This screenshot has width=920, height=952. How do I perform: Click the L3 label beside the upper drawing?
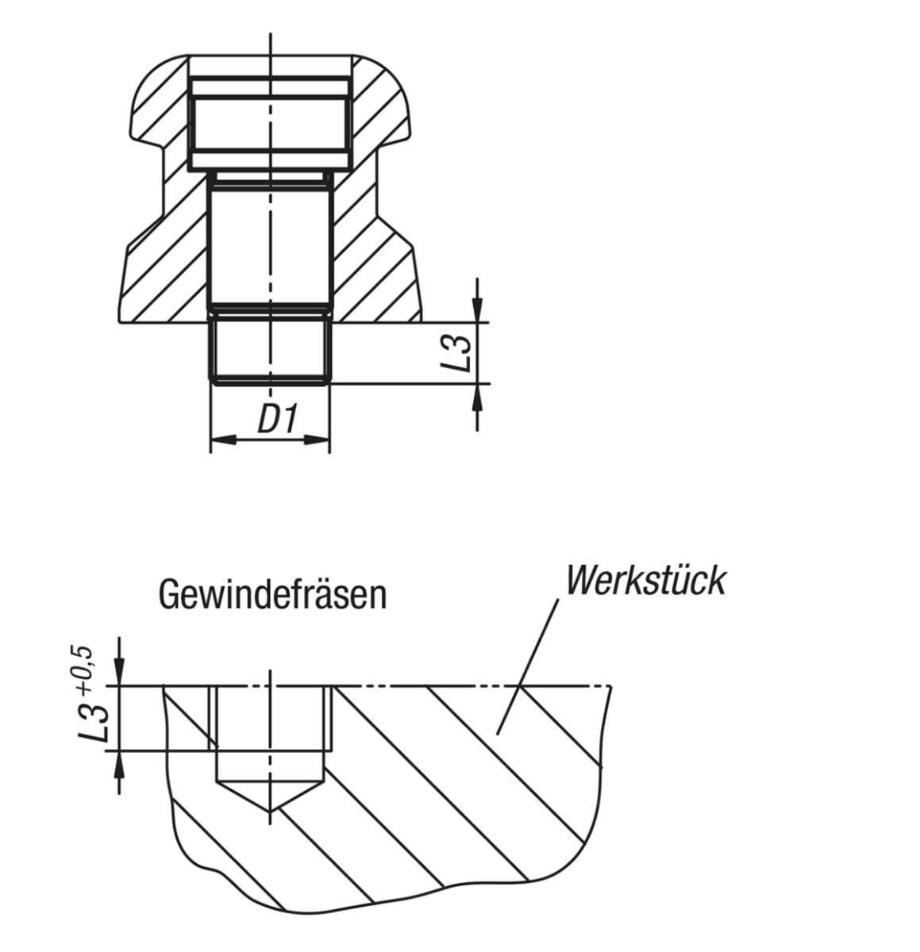tap(458, 353)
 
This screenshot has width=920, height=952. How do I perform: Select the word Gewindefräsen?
tap(273, 594)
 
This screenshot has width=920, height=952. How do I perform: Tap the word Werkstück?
tap(645, 581)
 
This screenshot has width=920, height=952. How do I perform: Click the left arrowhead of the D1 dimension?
tap(220, 438)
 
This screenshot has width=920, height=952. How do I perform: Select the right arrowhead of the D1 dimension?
tap(319, 438)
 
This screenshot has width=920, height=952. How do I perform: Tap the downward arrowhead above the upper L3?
tap(476, 313)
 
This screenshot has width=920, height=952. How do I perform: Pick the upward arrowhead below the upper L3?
tap(476, 394)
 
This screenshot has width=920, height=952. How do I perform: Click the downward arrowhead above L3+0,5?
tap(119, 674)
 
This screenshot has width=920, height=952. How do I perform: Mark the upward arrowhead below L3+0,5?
tap(119, 762)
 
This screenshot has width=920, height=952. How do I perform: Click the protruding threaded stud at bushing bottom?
tap(270, 349)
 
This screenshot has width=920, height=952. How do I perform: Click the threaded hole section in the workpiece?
tap(270, 718)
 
